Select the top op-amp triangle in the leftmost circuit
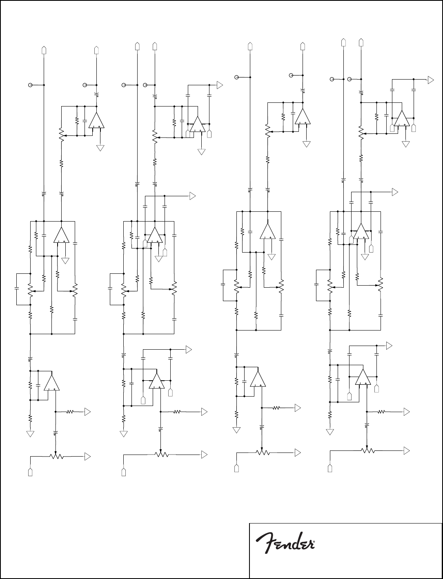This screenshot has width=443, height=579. [x=96, y=121]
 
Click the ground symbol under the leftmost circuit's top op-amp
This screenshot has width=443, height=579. [x=100, y=148]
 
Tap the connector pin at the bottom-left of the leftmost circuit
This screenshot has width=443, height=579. [x=30, y=472]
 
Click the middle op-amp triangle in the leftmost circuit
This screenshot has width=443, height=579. [x=61, y=235]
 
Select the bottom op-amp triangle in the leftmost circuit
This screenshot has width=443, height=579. [x=51, y=383]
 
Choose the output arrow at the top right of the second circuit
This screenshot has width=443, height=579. [x=220, y=85]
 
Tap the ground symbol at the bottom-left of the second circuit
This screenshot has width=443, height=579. [x=124, y=434]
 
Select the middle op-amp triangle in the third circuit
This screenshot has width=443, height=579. [x=267, y=231]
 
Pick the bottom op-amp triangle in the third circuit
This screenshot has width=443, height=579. [x=258, y=379]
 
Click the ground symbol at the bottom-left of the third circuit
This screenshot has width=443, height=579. [x=236, y=430]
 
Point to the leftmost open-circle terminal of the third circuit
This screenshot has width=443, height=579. [x=236, y=77]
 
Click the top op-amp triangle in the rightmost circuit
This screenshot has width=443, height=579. [x=402, y=118]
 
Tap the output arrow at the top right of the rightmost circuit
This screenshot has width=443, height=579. [x=430, y=80]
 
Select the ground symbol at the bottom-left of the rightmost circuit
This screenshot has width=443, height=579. [x=330, y=432]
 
